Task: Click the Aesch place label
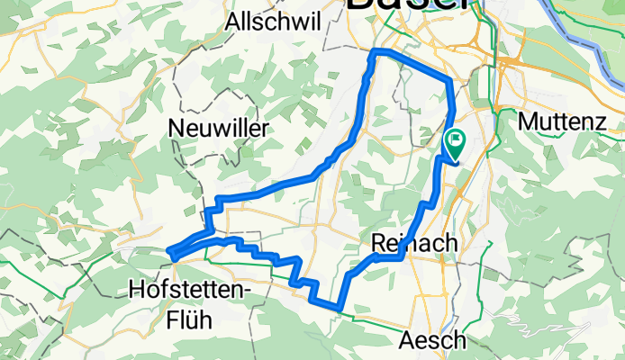pos(433,340)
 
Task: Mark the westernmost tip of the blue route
pos(170,256)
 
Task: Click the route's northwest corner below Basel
pos(375,53)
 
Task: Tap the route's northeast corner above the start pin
pos(448,81)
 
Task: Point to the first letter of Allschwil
pos(235,21)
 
